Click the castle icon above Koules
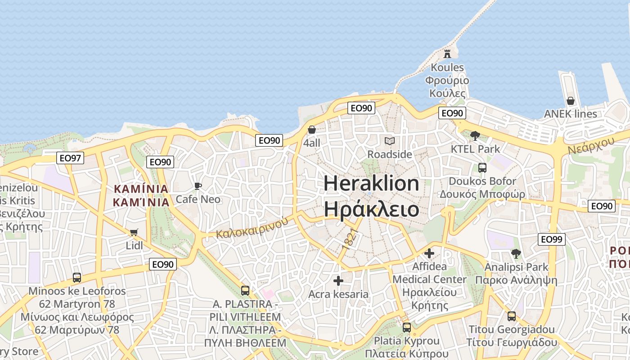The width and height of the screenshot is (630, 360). [x=447, y=54]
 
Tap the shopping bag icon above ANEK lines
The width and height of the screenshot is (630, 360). [x=571, y=100]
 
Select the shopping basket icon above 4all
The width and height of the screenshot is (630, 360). [x=312, y=130]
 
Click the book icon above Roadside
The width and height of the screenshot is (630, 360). [x=390, y=141]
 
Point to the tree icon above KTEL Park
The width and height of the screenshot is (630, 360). [x=475, y=135]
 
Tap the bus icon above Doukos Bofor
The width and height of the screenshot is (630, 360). [x=482, y=168]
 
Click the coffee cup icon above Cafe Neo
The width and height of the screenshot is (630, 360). [x=198, y=186]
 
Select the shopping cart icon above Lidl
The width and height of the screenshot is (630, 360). [x=134, y=232]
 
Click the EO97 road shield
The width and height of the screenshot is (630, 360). [x=71, y=157]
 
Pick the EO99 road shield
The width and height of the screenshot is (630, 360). [x=552, y=239]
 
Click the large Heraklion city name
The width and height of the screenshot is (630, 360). [x=371, y=184]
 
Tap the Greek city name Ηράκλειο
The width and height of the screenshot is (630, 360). [x=371, y=209]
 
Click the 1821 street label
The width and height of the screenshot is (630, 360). [x=350, y=239]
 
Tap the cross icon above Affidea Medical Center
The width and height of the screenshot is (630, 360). [x=429, y=253]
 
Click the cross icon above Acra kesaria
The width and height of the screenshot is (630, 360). [x=338, y=281]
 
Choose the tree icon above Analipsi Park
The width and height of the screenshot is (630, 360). [x=516, y=254]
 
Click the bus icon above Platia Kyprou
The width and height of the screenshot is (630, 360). [x=407, y=328]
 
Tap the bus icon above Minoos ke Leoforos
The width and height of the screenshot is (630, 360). [x=77, y=278]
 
